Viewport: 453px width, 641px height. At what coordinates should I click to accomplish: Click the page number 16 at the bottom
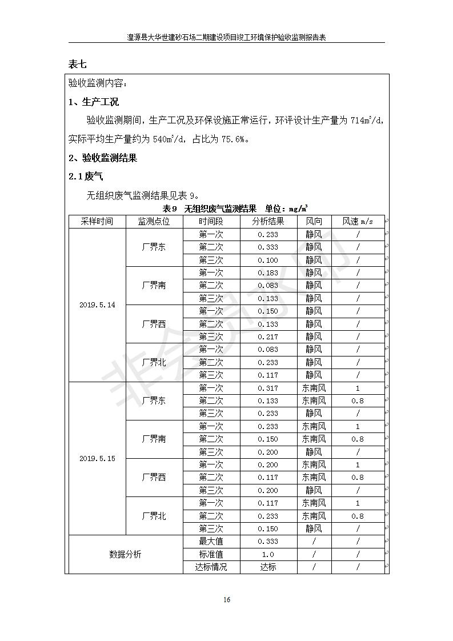[227, 599]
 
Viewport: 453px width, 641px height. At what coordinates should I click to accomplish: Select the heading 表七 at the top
[77, 64]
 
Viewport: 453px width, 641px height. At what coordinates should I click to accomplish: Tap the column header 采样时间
[97, 222]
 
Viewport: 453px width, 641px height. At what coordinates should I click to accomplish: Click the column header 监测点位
[154, 222]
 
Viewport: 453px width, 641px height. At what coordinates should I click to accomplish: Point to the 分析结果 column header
[268, 222]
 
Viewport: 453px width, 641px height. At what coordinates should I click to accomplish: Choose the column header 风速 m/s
[358, 222]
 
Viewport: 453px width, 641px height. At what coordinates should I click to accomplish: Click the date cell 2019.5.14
[97, 305]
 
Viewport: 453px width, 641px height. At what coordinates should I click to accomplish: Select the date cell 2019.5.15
[97, 458]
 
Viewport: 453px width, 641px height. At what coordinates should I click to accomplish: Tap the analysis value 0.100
[268, 260]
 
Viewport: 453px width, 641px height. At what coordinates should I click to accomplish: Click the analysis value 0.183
[268, 273]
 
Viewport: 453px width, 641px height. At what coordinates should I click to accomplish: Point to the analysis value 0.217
[268, 337]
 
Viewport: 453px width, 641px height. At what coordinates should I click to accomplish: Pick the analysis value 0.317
[268, 388]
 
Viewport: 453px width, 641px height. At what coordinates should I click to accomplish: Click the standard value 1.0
[268, 554]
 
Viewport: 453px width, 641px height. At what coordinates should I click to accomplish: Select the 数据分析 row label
[125, 554]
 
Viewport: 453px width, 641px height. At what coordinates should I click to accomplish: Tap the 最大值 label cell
[211, 542]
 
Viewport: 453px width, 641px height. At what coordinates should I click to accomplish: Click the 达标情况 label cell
[211, 567]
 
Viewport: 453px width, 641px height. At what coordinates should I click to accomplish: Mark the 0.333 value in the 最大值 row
[268, 542]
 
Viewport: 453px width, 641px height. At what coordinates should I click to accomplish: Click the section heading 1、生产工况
[94, 102]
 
